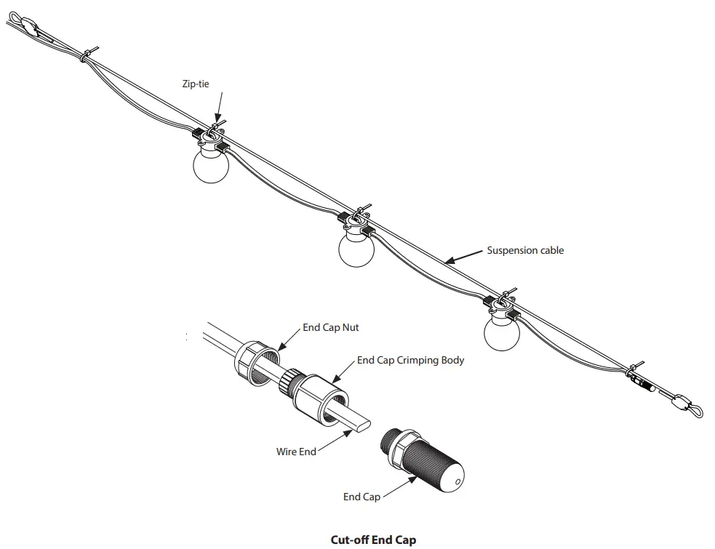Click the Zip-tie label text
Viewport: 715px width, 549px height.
point(196,84)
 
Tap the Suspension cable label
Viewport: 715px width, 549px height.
point(525,251)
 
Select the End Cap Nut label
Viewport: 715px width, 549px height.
point(331,328)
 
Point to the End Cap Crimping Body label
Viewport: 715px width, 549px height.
point(410,360)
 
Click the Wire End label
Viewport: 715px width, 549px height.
point(296,452)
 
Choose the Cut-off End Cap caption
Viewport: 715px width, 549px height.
point(373,540)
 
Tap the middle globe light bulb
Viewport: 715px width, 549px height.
point(356,249)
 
